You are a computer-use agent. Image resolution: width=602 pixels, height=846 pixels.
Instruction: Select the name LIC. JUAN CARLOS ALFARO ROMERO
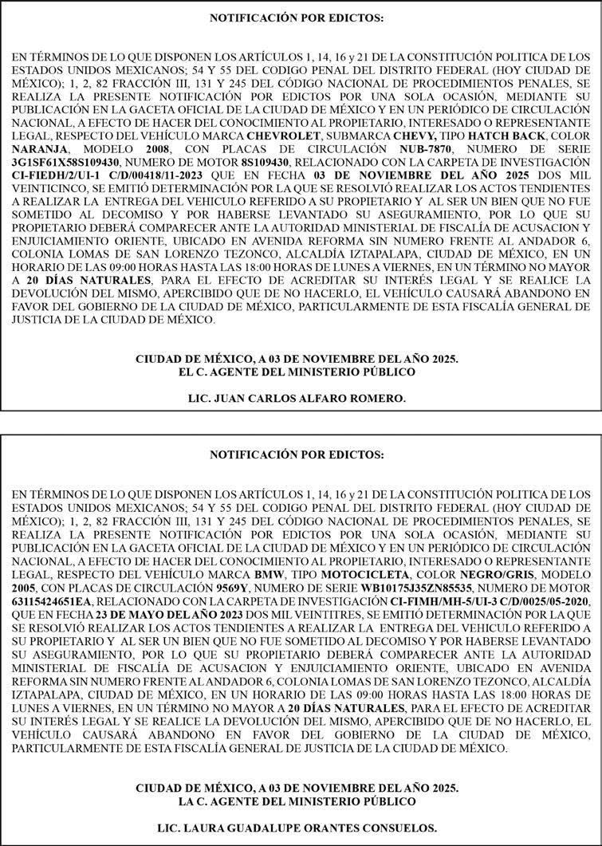point(301,397)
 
